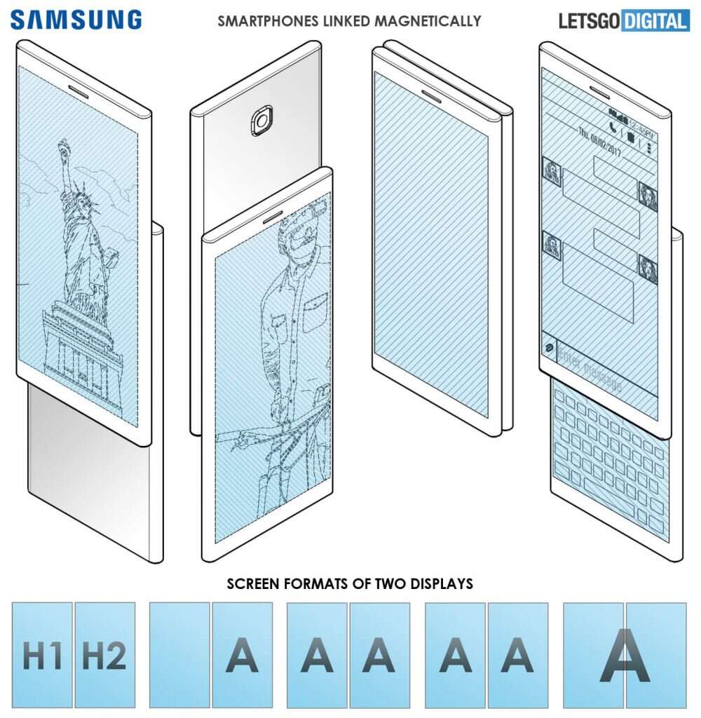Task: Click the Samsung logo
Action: tap(76, 19)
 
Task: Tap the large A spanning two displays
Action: tap(625, 655)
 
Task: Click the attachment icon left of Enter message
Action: tap(547, 348)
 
